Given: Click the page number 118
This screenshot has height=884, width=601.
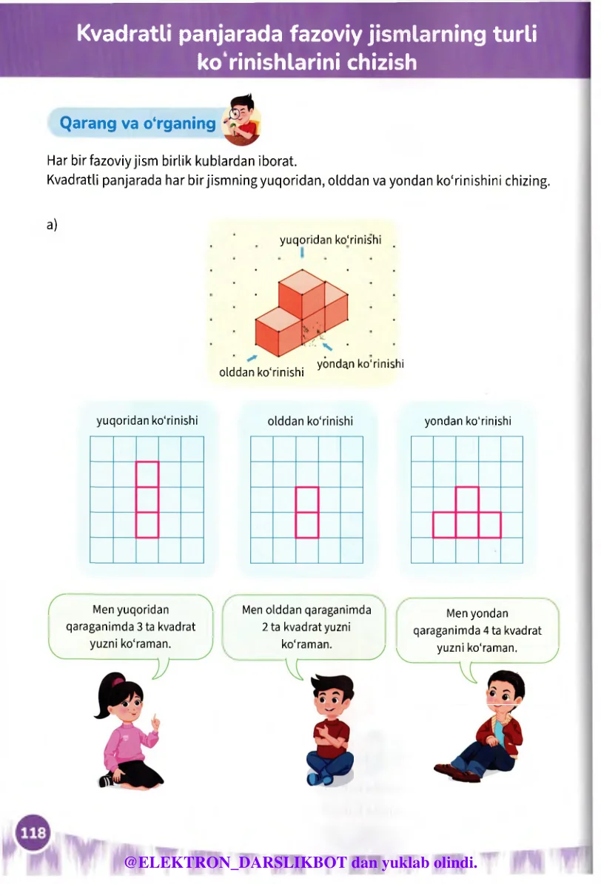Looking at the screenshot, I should point(33,834).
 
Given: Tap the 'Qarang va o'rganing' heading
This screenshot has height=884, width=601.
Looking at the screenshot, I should point(137,124).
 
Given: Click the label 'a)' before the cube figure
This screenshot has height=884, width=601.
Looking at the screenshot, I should point(52,225).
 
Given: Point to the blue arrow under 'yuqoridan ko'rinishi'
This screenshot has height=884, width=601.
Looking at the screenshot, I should point(302,253).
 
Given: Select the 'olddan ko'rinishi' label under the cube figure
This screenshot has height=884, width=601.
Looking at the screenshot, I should point(261,372).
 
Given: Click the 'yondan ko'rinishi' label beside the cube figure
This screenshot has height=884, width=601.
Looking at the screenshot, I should point(360,363).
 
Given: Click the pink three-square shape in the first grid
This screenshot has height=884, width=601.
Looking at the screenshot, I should point(147,499).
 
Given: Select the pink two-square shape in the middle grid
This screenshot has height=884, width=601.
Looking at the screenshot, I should point(307,512).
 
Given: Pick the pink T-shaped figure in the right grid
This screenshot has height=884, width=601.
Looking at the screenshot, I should point(467,518).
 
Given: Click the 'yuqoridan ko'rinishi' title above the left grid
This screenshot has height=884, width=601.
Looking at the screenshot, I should point(147,421).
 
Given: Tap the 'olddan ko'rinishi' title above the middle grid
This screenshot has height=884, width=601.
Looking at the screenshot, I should point(310,421).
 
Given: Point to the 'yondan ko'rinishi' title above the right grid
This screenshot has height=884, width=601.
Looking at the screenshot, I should point(468,421).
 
